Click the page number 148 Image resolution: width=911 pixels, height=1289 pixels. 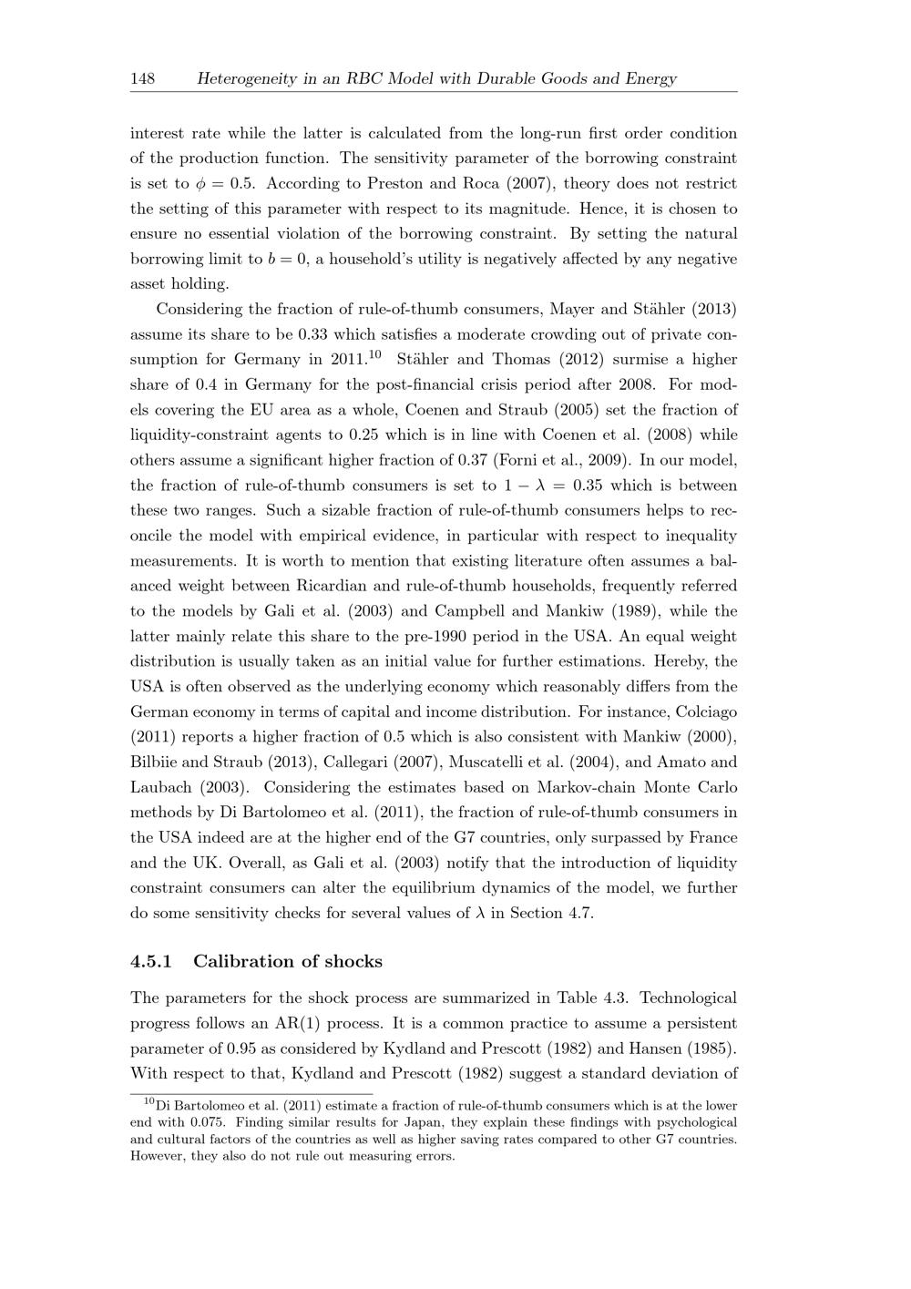pos(142,78)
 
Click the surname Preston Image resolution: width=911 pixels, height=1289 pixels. pos(396,183)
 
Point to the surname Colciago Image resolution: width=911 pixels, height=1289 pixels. pos(702,711)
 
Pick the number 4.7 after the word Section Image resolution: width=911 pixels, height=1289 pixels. pos(579,913)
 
